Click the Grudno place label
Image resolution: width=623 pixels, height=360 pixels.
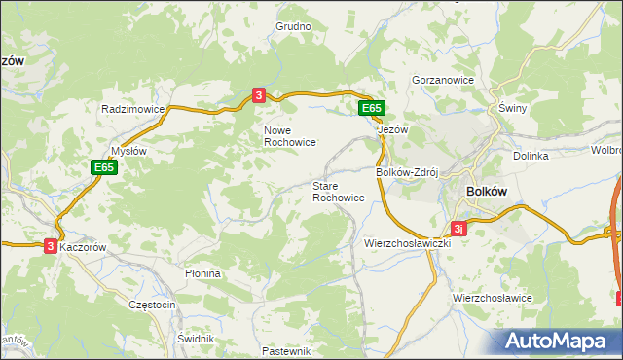292,27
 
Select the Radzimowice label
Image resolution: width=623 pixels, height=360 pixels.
132,110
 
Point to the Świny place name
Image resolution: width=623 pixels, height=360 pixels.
512,109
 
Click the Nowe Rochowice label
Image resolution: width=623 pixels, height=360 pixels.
289,135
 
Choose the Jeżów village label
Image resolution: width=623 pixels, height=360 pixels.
391,128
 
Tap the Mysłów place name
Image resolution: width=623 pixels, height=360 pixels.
128,151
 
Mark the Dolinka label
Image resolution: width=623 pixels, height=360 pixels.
531,156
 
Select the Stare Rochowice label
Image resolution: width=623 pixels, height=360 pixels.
339,191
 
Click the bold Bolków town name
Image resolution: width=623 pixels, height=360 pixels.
488,192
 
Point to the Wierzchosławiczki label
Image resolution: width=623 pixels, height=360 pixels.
407,242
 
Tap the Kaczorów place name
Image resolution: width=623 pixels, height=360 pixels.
89,247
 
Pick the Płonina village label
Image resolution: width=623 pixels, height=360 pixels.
203,274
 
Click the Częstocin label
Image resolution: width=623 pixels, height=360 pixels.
152,305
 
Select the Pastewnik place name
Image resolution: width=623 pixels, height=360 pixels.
286,350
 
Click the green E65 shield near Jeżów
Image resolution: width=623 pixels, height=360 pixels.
370,108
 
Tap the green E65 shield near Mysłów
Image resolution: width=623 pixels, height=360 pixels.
104,167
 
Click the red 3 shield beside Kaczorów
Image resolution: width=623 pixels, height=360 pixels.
50,247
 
